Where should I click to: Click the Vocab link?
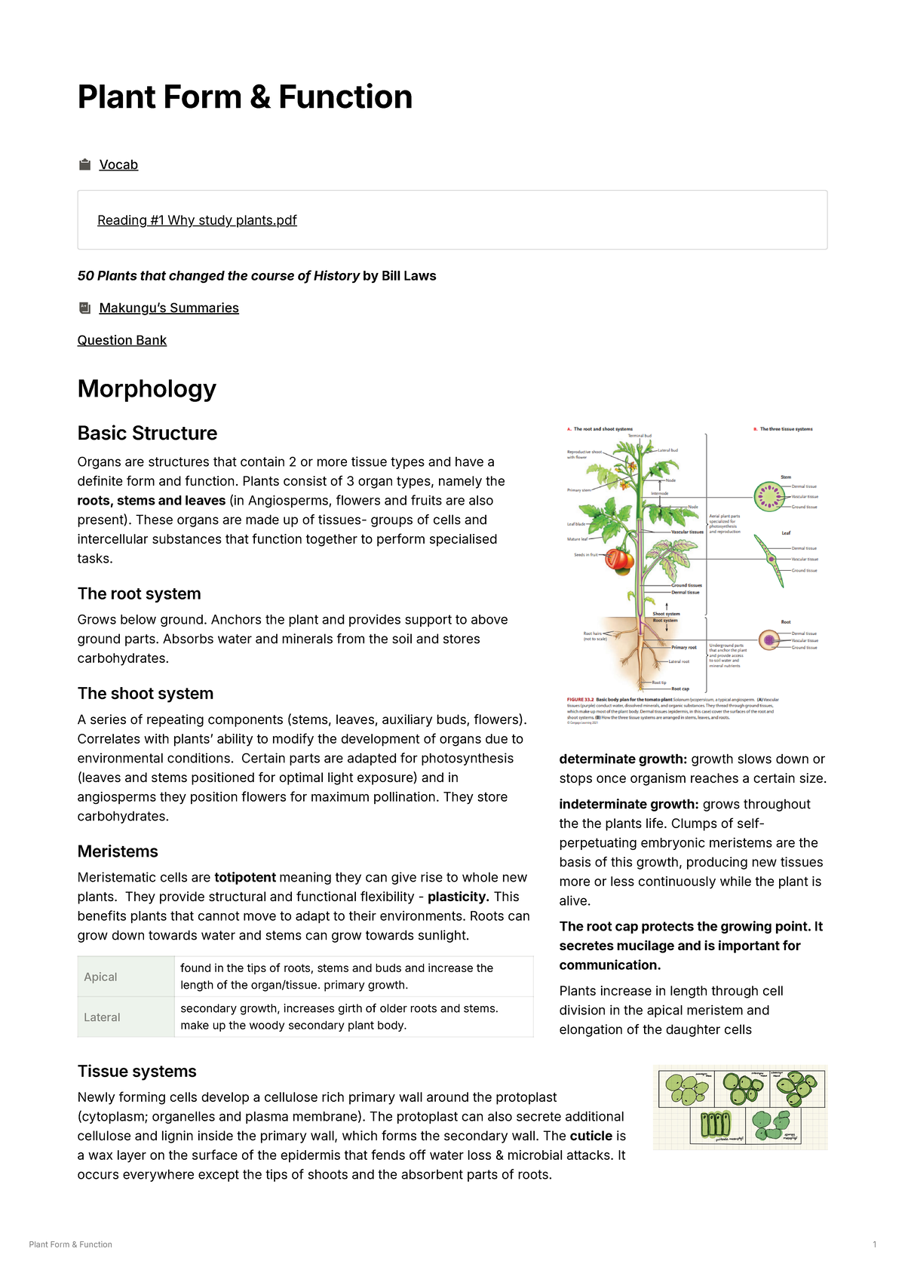click(118, 164)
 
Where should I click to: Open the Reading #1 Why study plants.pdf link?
click(197, 220)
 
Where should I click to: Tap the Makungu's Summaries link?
click(169, 308)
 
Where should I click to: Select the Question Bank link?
click(121, 340)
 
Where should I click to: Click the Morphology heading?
click(146, 388)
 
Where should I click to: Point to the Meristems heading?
click(118, 851)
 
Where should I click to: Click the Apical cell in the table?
click(101, 977)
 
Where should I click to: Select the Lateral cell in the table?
click(103, 1017)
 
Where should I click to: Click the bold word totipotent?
click(245, 877)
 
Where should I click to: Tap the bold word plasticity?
click(458, 897)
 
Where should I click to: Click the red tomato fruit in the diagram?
click(621, 559)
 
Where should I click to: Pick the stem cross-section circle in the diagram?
click(768, 496)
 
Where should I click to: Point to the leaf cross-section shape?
click(772, 560)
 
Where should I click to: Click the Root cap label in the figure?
click(680, 689)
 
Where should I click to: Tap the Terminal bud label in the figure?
click(640, 436)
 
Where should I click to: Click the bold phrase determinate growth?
click(623, 759)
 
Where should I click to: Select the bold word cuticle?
click(591, 1136)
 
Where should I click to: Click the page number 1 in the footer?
click(874, 1244)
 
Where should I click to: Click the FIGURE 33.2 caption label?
click(580, 700)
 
